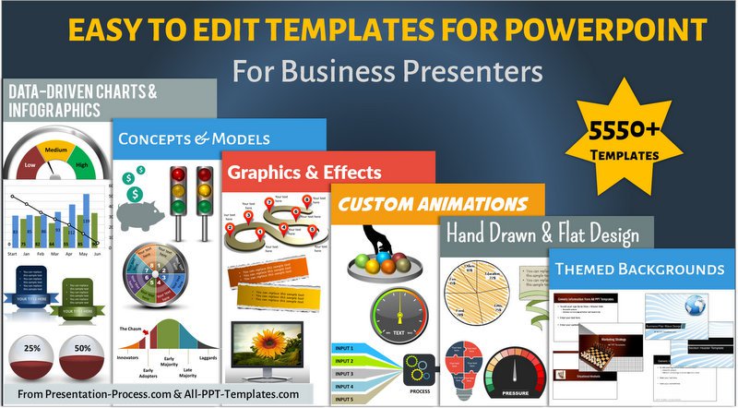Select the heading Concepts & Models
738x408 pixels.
pyautogui.click(x=194, y=139)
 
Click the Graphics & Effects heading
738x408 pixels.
pyautogui.click(x=304, y=172)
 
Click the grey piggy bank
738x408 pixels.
pyautogui.click(x=140, y=212)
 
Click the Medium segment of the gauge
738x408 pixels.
pyautogui.click(x=55, y=150)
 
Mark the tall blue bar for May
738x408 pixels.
pyautogui.click(x=86, y=219)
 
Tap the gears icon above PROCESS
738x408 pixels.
pyautogui.click(x=417, y=369)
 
